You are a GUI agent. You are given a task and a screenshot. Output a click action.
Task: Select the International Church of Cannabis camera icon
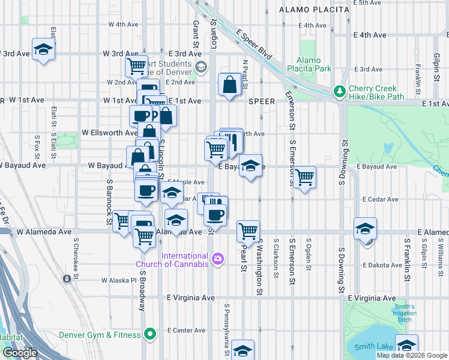coord(217,259)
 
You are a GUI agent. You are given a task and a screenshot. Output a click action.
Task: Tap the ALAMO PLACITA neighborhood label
coord(314,10)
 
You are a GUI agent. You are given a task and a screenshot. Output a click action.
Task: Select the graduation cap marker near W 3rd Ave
coord(43,49)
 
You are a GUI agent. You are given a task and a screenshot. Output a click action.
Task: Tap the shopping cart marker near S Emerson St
coord(304,176)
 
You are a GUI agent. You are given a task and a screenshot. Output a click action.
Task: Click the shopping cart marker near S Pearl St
coord(248,231)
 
